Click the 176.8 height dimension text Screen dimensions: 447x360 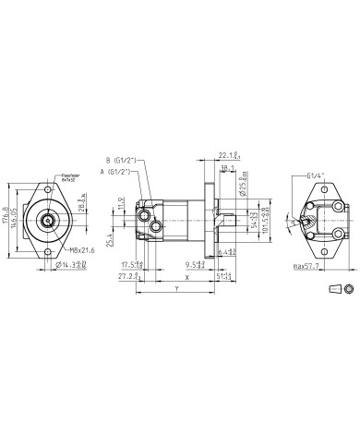(x=7, y=222)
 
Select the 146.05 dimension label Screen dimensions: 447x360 (x=16, y=222)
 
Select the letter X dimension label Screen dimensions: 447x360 (x=187, y=275)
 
